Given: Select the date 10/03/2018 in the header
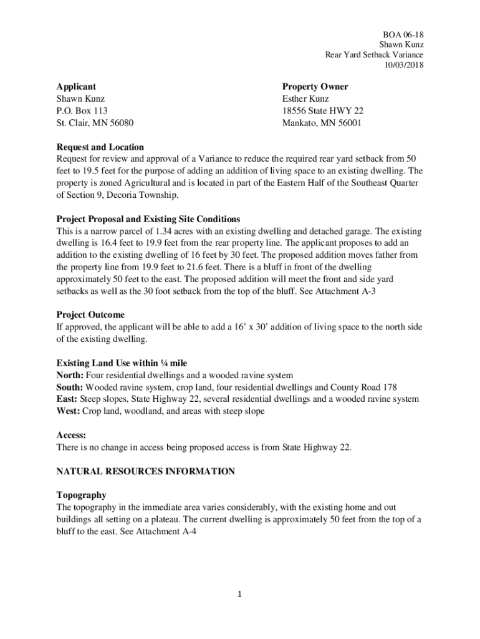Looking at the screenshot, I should tap(404, 65).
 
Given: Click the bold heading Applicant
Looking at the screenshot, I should tap(76, 87).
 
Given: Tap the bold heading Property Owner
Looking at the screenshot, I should tap(315, 87).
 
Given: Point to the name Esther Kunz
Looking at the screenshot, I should tap(305, 99).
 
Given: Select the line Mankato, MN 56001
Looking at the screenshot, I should tap(322, 123).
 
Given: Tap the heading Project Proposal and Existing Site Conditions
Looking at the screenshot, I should tap(148, 219).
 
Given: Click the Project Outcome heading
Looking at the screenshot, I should tap(90, 315).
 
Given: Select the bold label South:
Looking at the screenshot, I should tap(70, 388).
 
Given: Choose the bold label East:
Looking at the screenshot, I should tap(67, 399).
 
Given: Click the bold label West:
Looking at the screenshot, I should tap(69, 411).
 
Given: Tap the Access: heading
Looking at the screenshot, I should tap(71, 435).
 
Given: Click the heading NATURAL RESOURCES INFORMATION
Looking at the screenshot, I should tap(146, 471).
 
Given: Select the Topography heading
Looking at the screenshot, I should tap(81, 495).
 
